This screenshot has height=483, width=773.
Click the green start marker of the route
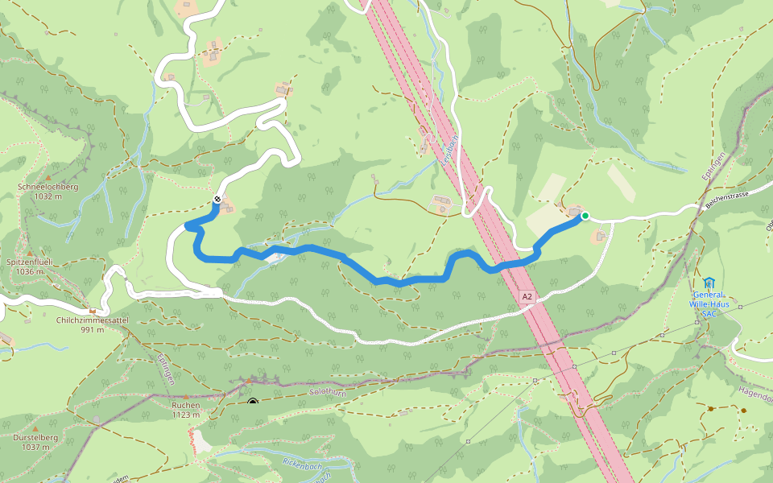point(585,216)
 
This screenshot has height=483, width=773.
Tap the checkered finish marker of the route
point(217,200)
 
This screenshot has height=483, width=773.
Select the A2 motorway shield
point(527,297)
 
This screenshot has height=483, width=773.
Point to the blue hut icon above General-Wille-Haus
point(708,283)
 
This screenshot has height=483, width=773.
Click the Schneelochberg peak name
point(48,187)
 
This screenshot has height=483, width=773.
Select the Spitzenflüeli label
point(29,262)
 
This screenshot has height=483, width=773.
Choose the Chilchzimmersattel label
point(93,320)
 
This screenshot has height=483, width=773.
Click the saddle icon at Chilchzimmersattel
point(93,311)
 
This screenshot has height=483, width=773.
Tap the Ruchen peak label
point(185,406)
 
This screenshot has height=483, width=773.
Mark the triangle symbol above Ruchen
point(185,396)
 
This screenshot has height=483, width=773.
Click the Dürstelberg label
point(35,437)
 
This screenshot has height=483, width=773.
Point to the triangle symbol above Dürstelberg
point(35,427)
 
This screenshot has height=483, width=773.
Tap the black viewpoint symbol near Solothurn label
point(253,402)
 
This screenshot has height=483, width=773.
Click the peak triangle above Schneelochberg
point(48,177)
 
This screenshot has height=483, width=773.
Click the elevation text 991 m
point(93,329)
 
